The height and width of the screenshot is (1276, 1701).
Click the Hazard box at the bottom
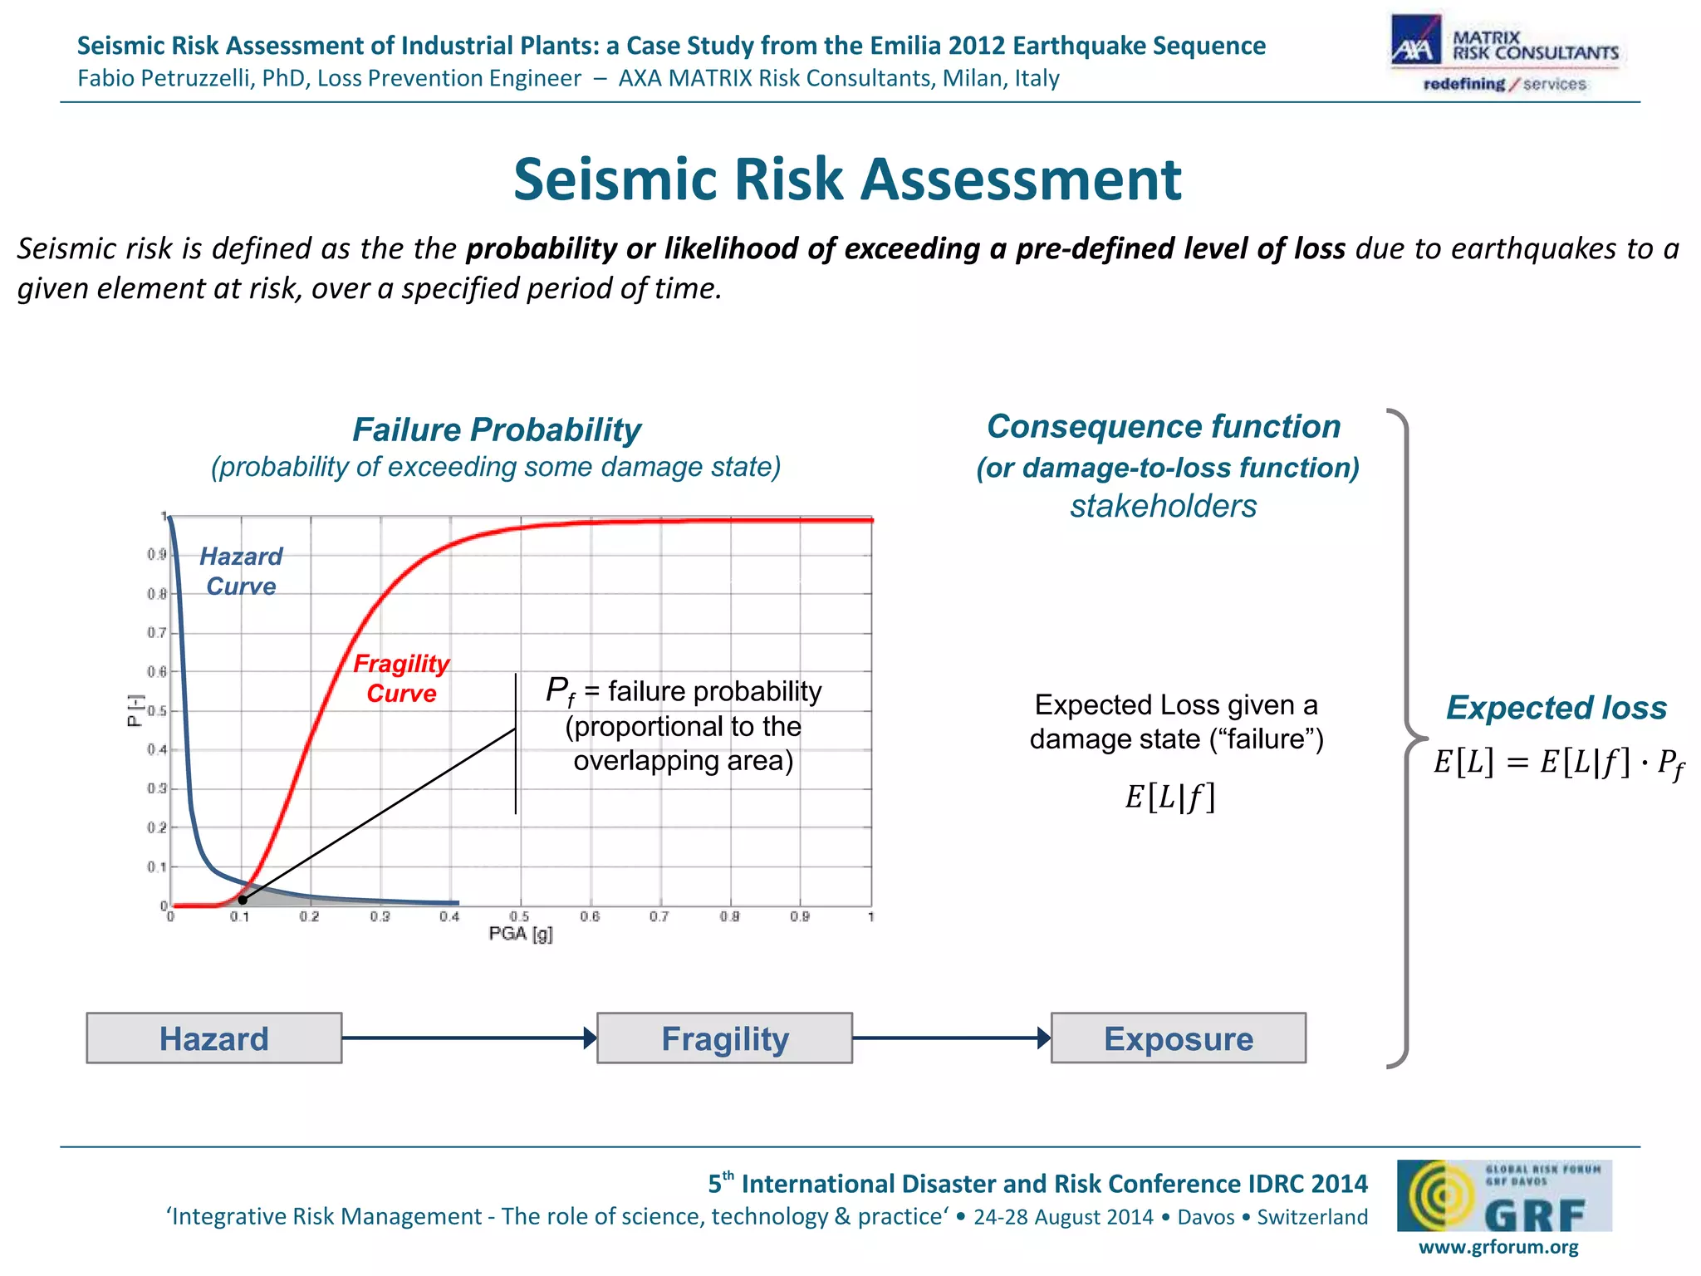(x=213, y=1038)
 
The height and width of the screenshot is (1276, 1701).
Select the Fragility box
(x=724, y=1038)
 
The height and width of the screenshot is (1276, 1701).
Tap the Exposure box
(x=1178, y=1038)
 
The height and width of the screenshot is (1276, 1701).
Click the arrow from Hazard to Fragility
(x=468, y=1038)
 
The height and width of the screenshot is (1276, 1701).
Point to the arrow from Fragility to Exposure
(x=951, y=1038)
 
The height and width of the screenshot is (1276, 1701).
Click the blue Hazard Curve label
(x=241, y=572)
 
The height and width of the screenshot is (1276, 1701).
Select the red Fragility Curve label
(x=401, y=678)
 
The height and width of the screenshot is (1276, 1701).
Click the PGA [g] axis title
(x=521, y=934)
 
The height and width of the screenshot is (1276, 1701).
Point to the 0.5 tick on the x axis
(x=520, y=916)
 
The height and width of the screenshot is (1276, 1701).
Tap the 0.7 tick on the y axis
(x=156, y=633)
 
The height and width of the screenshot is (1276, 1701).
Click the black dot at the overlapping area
(x=243, y=900)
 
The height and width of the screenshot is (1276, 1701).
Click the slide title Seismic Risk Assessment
(x=847, y=179)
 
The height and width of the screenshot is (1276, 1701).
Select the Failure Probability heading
(x=497, y=430)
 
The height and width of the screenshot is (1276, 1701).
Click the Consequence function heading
(x=1164, y=427)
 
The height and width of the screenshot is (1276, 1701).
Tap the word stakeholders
(x=1163, y=506)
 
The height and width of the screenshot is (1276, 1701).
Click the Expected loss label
(x=1556, y=708)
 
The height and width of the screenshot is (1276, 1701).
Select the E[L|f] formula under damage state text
(x=1169, y=797)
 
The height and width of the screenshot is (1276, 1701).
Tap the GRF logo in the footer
(x=1503, y=1196)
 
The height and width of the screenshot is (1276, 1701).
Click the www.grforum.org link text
(x=1498, y=1247)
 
